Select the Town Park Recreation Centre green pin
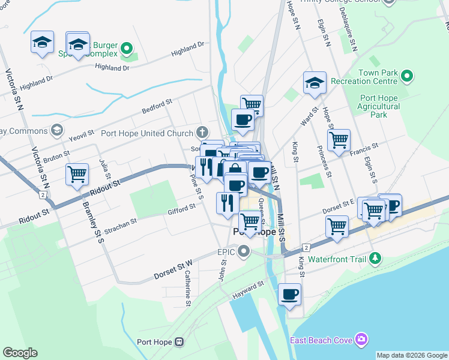point(406,76)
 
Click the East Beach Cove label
point(321,340)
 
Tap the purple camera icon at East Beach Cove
point(361,340)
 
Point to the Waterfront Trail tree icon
point(375,259)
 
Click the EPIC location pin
point(243,251)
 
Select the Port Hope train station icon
point(178,342)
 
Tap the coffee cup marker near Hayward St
point(289,294)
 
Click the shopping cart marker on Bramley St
point(77,174)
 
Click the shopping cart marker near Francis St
point(339,140)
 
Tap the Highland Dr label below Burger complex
point(113,68)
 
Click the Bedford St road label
point(157,107)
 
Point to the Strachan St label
point(121,225)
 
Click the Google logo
point(20,353)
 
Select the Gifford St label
point(182,209)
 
